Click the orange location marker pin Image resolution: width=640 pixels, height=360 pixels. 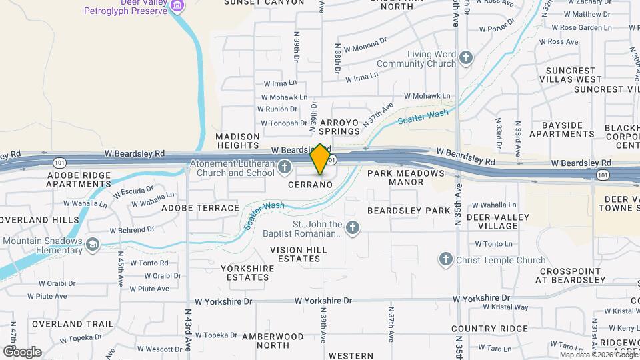[321, 159]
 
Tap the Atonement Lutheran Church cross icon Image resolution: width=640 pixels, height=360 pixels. [285, 167]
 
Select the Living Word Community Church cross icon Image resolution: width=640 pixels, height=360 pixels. [466, 58]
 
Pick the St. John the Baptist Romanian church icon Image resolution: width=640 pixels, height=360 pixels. [353, 229]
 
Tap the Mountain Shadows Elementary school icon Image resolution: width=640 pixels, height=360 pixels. [92, 245]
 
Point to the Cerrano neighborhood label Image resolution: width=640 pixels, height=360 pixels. [310, 184]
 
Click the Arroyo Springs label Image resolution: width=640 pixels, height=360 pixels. [339, 127]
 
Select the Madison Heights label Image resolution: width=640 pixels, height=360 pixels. [237, 141]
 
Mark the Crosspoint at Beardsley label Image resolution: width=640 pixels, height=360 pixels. [571, 275]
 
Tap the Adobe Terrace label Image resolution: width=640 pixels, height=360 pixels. [200, 208]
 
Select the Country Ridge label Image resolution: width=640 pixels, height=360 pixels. [489, 329]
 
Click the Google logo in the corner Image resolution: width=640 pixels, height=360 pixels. [22, 351]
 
